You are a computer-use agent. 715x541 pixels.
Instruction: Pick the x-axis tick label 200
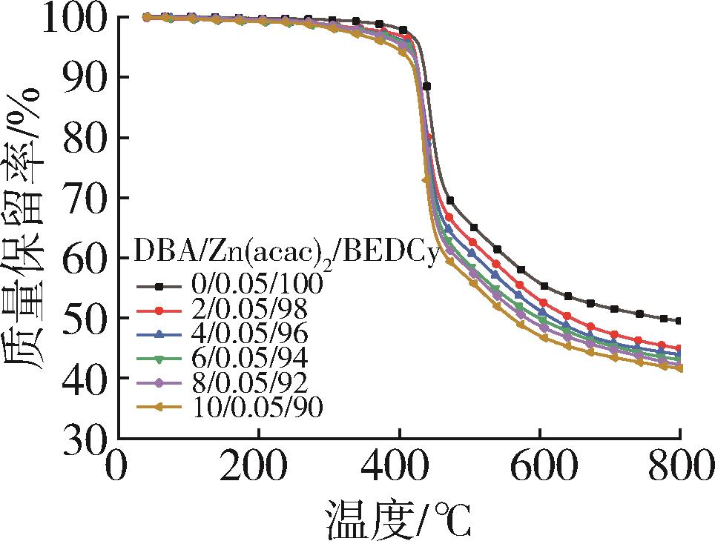[257, 469]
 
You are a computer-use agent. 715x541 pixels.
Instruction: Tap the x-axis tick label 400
[399, 469]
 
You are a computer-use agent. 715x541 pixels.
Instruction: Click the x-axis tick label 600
[540, 469]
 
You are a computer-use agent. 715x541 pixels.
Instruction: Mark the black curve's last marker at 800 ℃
[679, 321]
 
